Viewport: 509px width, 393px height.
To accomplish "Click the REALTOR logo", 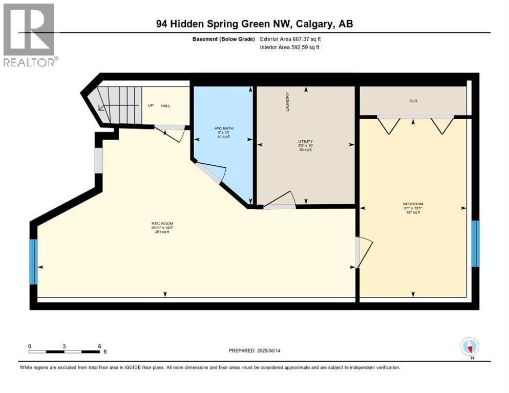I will [x=29, y=35].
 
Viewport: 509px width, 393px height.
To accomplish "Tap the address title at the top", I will [x=254, y=24].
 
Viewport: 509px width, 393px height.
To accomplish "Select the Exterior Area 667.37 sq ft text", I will [x=290, y=39].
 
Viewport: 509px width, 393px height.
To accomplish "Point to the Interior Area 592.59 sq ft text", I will [x=290, y=48].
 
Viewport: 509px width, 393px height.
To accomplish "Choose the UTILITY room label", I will [x=305, y=141].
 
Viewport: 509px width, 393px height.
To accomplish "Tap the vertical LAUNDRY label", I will [x=288, y=102].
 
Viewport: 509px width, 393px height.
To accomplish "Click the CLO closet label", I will [x=413, y=101].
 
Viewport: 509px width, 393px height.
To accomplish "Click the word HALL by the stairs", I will [x=165, y=105].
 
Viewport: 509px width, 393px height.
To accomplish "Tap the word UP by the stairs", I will [x=151, y=105].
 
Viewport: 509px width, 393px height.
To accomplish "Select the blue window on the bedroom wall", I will [x=475, y=244].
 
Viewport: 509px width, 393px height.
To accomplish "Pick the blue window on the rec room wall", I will [x=33, y=262].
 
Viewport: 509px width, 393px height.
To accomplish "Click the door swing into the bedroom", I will [x=365, y=252].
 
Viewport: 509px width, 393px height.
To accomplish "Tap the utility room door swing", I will [x=281, y=200].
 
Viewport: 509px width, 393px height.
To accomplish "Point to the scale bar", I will [x=64, y=352].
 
